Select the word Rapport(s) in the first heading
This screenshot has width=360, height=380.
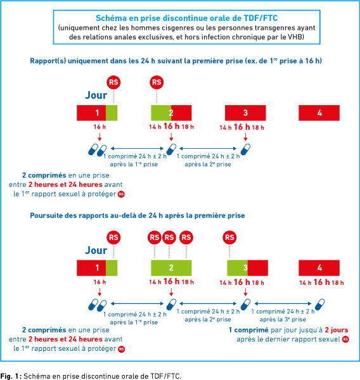click(x=48, y=61)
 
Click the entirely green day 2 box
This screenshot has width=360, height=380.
click(x=171, y=268)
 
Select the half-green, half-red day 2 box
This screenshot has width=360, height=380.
click(x=171, y=113)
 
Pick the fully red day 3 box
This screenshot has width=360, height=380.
click(x=245, y=113)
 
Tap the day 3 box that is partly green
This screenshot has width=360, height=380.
click(x=247, y=268)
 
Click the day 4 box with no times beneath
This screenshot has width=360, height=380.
click(x=319, y=113)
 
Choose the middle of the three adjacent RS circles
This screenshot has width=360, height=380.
click(x=169, y=237)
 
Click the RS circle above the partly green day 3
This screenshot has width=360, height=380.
click(x=229, y=237)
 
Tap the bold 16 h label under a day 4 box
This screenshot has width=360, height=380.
click(x=322, y=282)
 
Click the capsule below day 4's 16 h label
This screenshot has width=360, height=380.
click(x=319, y=305)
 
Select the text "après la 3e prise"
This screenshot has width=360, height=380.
click(x=283, y=319)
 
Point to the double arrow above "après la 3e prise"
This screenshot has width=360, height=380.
click(x=283, y=303)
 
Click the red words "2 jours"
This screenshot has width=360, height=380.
click(x=337, y=330)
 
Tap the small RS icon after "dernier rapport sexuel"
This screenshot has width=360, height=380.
click(x=345, y=339)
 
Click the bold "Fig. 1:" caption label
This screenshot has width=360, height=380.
click(x=11, y=376)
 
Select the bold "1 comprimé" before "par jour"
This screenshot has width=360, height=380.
click(x=248, y=330)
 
